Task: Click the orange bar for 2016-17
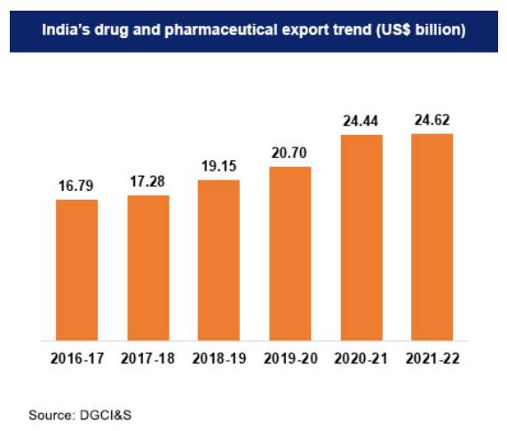[76, 269]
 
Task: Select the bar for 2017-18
[147, 267]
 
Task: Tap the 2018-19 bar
[218, 259]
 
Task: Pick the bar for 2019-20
[289, 252]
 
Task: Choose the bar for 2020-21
[360, 237]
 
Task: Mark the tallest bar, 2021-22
[432, 236]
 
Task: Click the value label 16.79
[76, 187]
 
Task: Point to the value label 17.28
[147, 182]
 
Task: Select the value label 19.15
[218, 167]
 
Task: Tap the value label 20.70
[289, 154]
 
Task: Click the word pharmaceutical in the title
[229, 29]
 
